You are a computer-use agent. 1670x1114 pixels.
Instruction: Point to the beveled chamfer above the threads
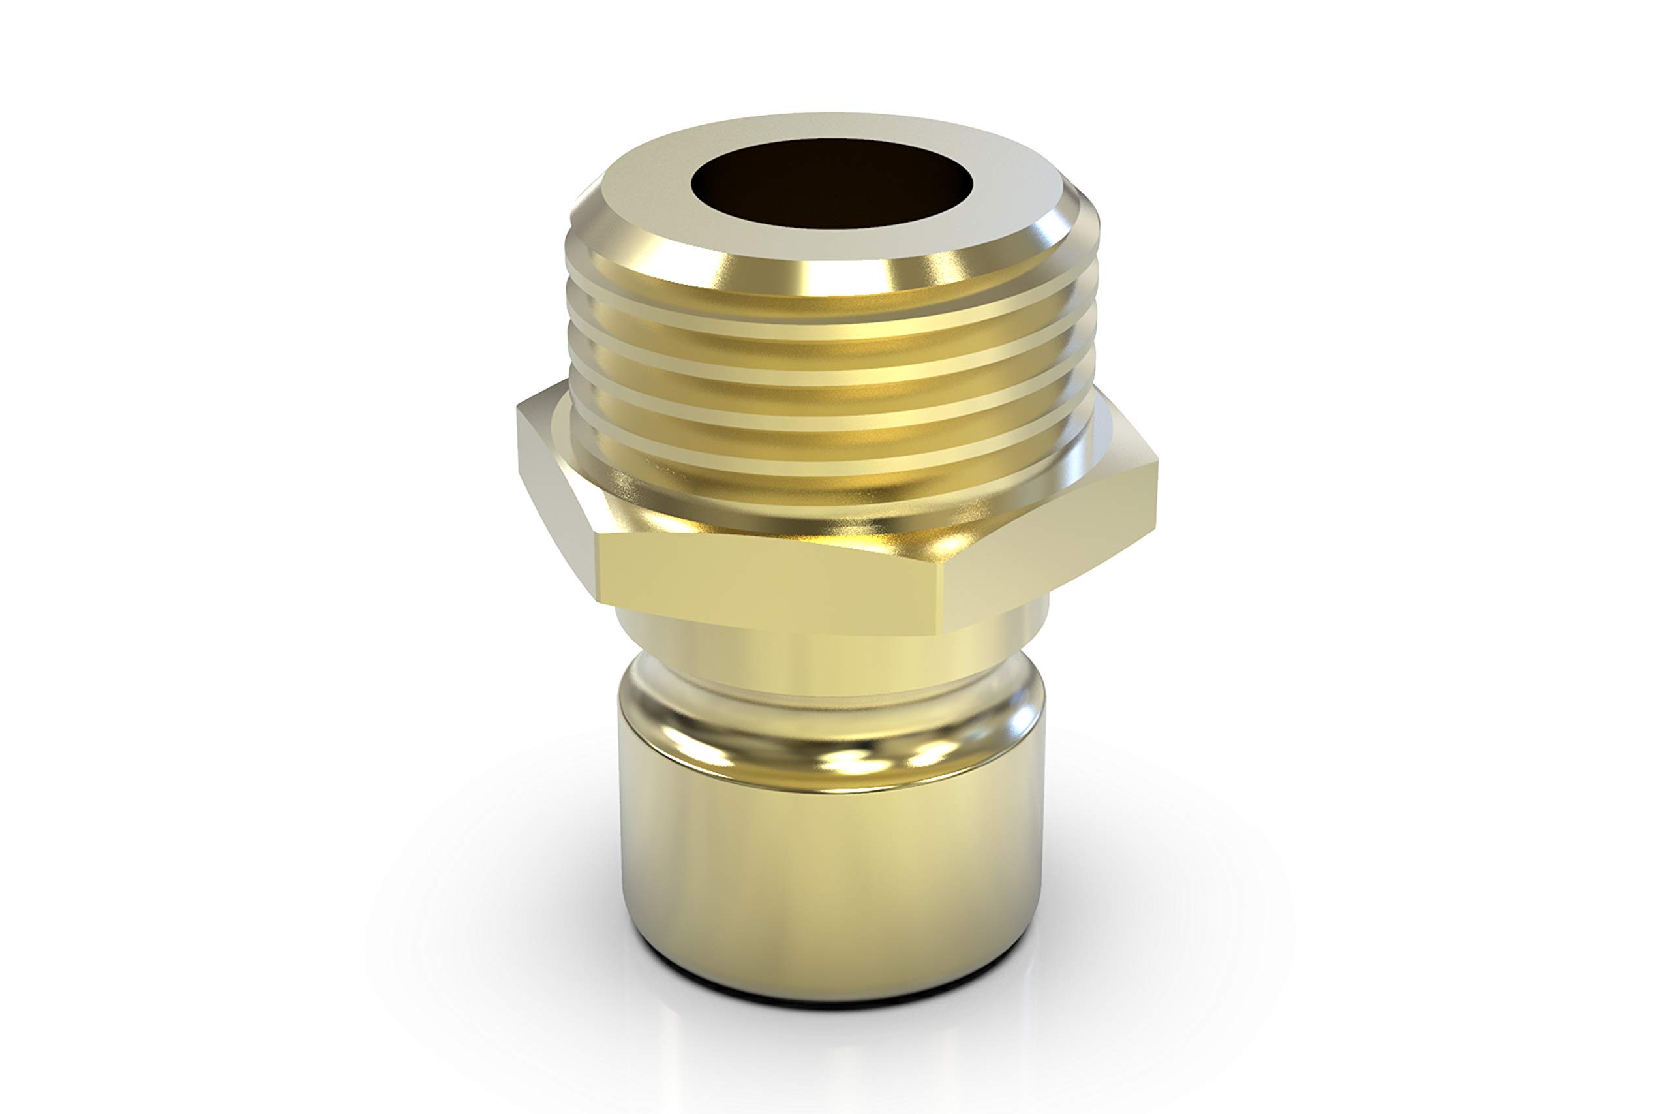pyautogui.click(x=830, y=273)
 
